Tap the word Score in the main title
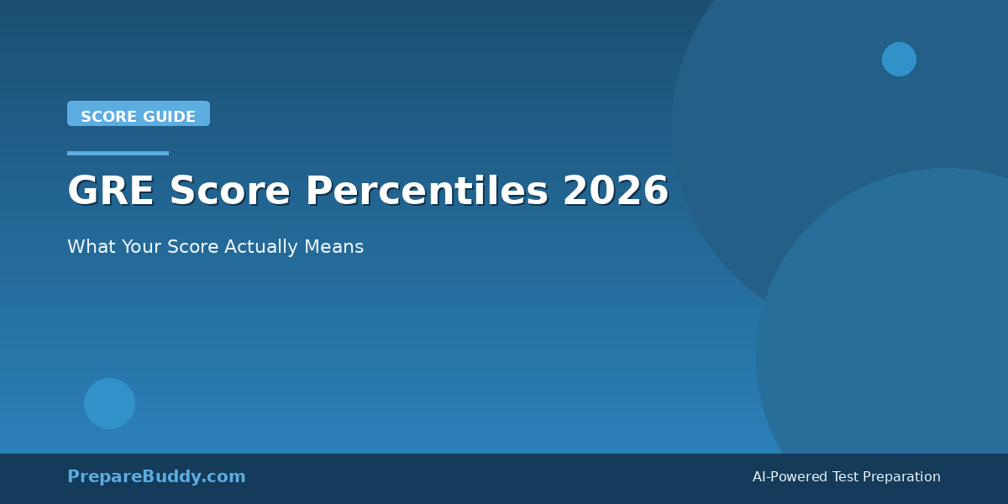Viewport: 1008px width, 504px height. click(x=229, y=192)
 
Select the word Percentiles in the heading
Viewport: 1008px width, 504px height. click(x=426, y=192)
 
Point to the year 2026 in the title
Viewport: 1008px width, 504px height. click(x=616, y=192)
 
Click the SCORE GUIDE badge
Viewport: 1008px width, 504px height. click(x=139, y=114)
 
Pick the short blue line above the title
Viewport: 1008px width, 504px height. click(x=118, y=153)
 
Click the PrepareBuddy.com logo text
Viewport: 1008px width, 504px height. click(x=156, y=476)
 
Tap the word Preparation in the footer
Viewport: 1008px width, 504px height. click(x=902, y=477)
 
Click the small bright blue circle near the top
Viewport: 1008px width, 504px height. click(x=899, y=59)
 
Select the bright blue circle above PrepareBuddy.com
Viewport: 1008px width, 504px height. click(x=109, y=403)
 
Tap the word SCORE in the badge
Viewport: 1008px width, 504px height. click(x=106, y=117)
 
